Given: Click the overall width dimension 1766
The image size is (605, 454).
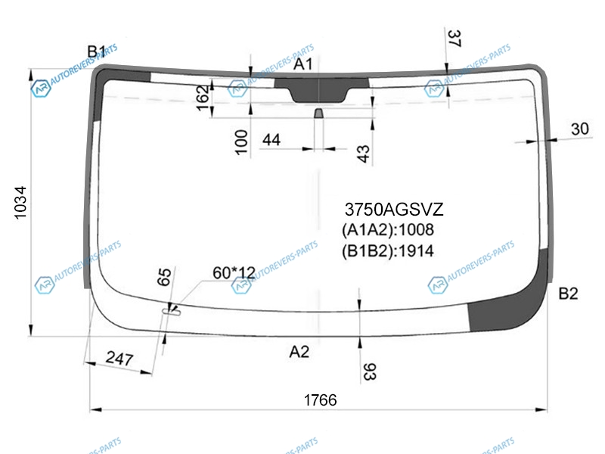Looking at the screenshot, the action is coord(320,400).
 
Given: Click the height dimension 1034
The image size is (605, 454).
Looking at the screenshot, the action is coord(20,203).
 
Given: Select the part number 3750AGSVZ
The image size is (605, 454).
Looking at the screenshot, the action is coord(394,210).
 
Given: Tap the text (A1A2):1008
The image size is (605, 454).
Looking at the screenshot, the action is coord(388,230).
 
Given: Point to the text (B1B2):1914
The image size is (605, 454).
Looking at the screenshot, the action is coord(388,251).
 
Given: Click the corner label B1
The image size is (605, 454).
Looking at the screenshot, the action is coord(96,51).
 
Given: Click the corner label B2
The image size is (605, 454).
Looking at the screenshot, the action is coord(569,294).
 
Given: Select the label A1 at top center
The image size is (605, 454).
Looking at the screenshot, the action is coord(303,64).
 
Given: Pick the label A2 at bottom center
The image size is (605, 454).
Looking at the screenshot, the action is coord(299,352).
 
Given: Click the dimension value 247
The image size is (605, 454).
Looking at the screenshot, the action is coord(119,359).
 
